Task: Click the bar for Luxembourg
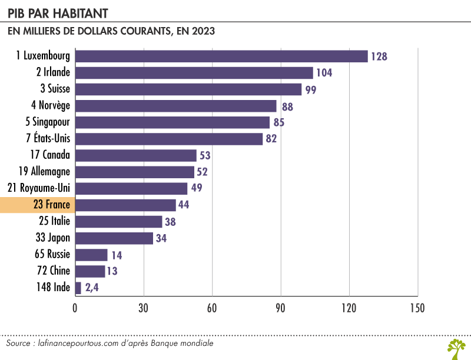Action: click(x=221, y=56)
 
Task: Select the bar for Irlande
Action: click(x=194, y=72)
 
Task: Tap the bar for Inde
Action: click(x=78, y=288)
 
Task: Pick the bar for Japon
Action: click(x=114, y=238)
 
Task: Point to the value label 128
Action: click(x=379, y=56)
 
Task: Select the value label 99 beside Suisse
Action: click(x=310, y=90)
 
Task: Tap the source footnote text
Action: click(x=110, y=343)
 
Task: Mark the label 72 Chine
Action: click(x=52, y=271)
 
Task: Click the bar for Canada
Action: click(x=136, y=155)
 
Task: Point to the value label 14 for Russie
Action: click(x=116, y=255)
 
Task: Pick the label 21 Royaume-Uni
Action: click(x=41, y=188)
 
